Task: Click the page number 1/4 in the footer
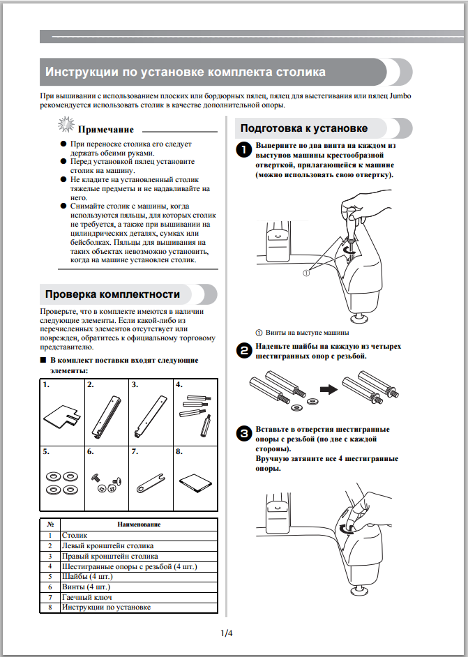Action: pyautogui.click(x=226, y=633)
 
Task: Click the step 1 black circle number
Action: pyautogui.click(x=242, y=150)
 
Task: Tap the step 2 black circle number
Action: pyautogui.click(x=242, y=351)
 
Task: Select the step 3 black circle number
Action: pyautogui.click(x=242, y=434)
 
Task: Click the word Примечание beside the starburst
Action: pyautogui.click(x=105, y=130)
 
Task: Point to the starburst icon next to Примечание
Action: pyautogui.click(x=66, y=126)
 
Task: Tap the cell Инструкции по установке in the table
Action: pyautogui.click(x=105, y=608)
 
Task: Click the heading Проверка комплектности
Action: pyautogui.click(x=112, y=294)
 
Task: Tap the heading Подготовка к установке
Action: pyautogui.click(x=303, y=128)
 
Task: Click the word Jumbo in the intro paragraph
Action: pyautogui.click(x=400, y=94)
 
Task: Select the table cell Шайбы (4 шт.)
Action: pyautogui.click(x=87, y=577)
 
